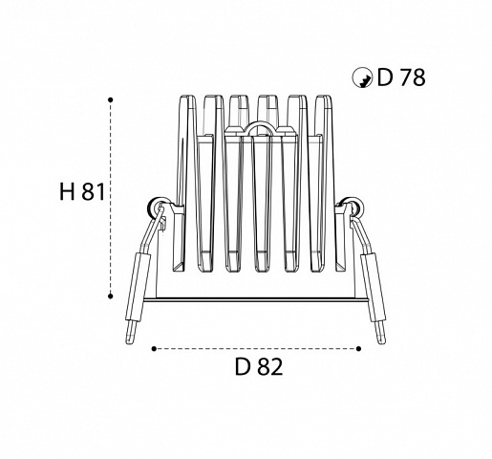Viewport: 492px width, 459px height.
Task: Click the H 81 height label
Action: coord(82,192)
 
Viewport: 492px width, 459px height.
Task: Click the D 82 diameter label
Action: coord(259,366)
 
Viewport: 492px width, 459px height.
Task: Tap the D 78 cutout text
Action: coord(401,77)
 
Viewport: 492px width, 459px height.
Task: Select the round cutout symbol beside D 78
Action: coord(362,77)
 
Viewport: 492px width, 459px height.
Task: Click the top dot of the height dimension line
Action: coord(111,99)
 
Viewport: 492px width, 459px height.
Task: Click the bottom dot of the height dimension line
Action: coord(111,296)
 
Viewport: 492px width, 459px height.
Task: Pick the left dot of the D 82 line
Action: coord(154,349)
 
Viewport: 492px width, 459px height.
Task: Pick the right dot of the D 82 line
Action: coord(359,349)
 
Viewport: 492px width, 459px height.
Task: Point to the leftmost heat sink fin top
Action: coord(188,98)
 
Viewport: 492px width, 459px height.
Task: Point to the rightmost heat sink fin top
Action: coord(324,98)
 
